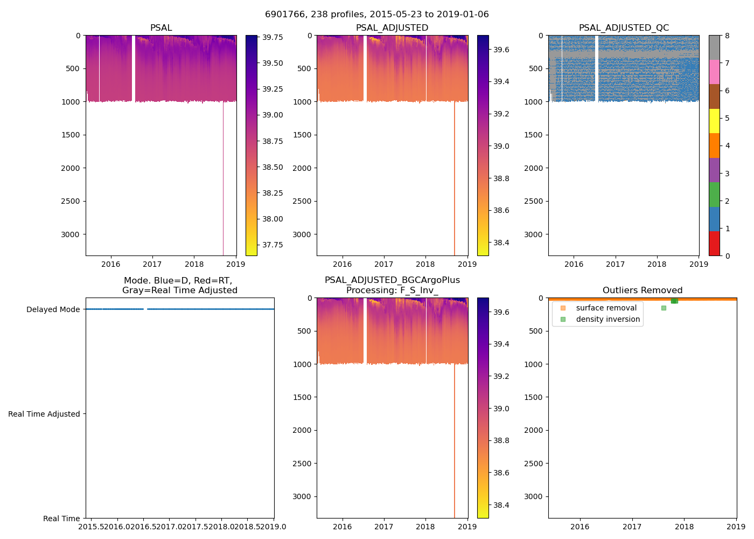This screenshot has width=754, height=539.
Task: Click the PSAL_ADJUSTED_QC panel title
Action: click(x=624, y=28)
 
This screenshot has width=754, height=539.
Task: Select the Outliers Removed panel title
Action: click(x=643, y=291)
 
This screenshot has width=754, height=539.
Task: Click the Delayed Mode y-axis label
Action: click(x=53, y=309)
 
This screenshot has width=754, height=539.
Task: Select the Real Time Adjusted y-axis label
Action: click(x=44, y=414)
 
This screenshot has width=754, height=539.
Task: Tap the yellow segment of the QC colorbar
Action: click(x=714, y=121)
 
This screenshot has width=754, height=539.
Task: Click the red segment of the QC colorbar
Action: click(x=714, y=244)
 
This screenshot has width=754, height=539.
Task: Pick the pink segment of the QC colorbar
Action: click(x=714, y=72)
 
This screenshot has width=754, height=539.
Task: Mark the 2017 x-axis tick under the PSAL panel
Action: click(x=152, y=264)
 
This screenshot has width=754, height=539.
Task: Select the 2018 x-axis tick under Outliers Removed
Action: click(x=684, y=527)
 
